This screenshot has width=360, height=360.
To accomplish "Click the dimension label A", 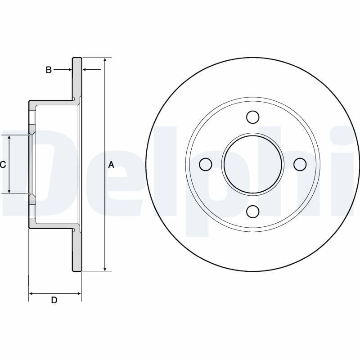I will point(111,165).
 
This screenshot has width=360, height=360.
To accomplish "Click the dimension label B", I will point(49,70).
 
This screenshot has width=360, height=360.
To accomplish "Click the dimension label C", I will point(3,165).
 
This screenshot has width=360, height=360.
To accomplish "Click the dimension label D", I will point(54,300).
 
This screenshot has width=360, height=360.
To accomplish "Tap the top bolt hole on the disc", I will point(253,117).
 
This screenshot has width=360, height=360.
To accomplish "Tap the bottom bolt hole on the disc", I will point(253,211).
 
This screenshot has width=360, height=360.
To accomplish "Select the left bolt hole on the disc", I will point(206,164).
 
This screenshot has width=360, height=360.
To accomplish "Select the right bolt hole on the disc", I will point(300,164).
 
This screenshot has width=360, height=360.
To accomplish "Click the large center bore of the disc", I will point(253,164).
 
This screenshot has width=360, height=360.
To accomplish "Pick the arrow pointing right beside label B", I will point(69,70).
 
